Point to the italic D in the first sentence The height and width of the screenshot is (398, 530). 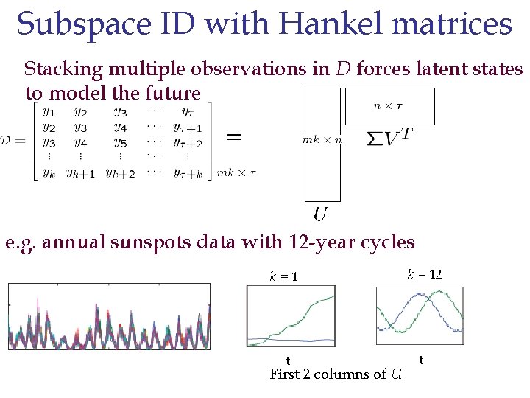pyautogui.click(x=343, y=69)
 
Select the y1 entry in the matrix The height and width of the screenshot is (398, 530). pyautogui.click(x=49, y=112)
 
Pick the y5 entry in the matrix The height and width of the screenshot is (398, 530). pyautogui.click(x=120, y=142)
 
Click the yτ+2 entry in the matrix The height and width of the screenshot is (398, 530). pyautogui.click(x=188, y=143)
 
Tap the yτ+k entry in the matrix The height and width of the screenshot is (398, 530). pyautogui.click(x=188, y=173)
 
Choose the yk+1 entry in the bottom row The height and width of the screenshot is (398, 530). pyautogui.click(x=80, y=173)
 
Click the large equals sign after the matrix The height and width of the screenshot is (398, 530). pyautogui.click(x=234, y=136)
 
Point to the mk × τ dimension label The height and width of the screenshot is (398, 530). pyautogui.click(x=236, y=173)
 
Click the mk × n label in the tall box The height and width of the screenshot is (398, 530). pyautogui.click(x=322, y=139)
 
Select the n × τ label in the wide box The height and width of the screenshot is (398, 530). pyautogui.click(x=389, y=105)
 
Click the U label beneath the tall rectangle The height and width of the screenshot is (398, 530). pyautogui.click(x=320, y=214)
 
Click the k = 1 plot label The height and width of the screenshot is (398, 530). pyautogui.click(x=283, y=277)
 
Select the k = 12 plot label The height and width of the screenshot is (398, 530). pyautogui.click(x=425, y=274)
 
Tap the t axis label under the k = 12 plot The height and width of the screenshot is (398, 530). pyautogui.click(x=420, y=360)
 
